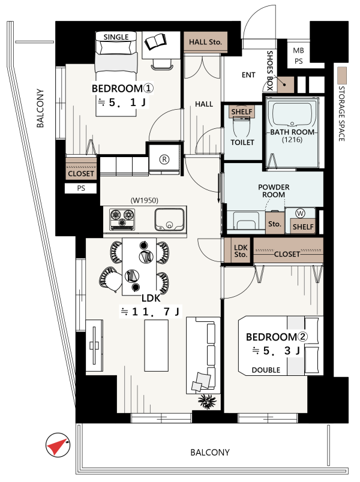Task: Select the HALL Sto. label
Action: click(206, 42)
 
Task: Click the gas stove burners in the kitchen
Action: click(122, 219)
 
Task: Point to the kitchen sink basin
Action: click(170, 219)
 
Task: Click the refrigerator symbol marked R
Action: click(164, 159)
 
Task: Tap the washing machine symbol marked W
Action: click(300, 213)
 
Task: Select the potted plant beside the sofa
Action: click(207, 401)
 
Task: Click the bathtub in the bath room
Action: click(292, 115)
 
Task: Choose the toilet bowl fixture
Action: click(242, 128)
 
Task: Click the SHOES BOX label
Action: click(270, 70)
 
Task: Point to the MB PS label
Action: click(298, 56)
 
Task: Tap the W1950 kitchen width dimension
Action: click(145, 200)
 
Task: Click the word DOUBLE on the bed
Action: click(266, 370)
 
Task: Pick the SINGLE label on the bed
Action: click(116, 37)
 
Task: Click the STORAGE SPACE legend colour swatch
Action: click(341, 76)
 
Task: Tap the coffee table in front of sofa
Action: click(157, 345)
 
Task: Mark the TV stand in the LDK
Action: click(94, 346)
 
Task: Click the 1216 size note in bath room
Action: click(292, 140)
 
